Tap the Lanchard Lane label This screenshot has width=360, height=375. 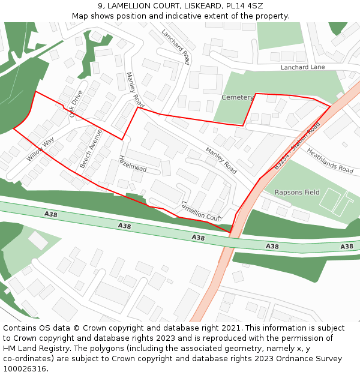[303, 67]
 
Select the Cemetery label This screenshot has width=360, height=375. [238, 97]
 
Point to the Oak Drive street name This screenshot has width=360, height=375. [76, 104]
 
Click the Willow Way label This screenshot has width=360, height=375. [40, 149]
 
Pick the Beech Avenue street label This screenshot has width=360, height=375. [91, 148]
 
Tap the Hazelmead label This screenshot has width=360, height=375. [133, 164]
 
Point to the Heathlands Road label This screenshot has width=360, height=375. [330, 161]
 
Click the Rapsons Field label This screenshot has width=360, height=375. [297, 193]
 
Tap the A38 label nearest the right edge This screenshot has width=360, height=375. [347, 247]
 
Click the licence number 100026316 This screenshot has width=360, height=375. [25, 369]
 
